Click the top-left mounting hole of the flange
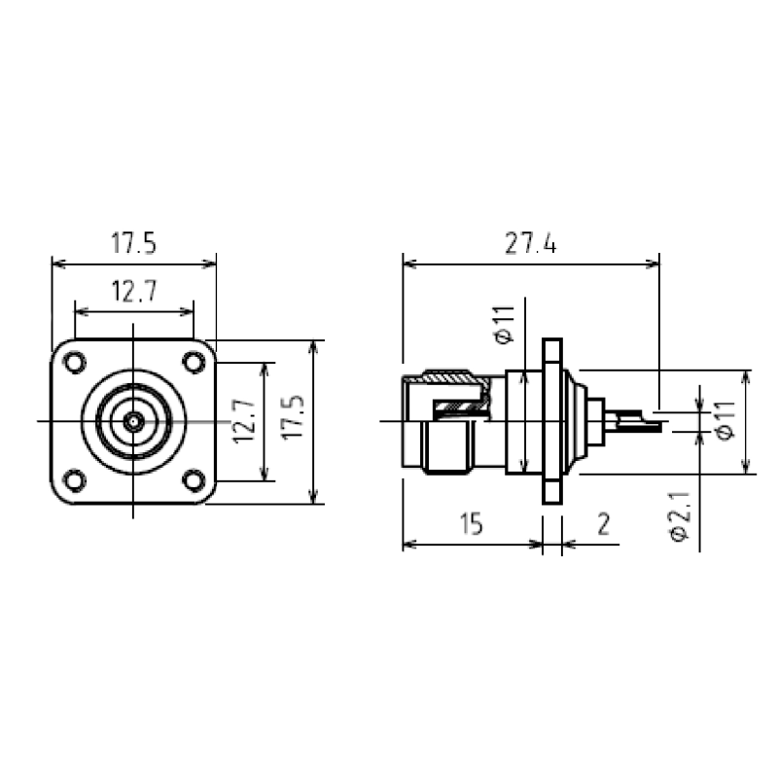point(75,362)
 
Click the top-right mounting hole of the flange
point(194,362)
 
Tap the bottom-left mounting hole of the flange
point(75,480)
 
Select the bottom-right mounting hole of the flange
point(194,480)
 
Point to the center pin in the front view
point(133,422)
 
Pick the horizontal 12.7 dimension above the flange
point(134,291)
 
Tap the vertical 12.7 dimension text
point(245,421)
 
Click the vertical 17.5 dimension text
point(293,417)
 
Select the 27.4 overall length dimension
point(531,244)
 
